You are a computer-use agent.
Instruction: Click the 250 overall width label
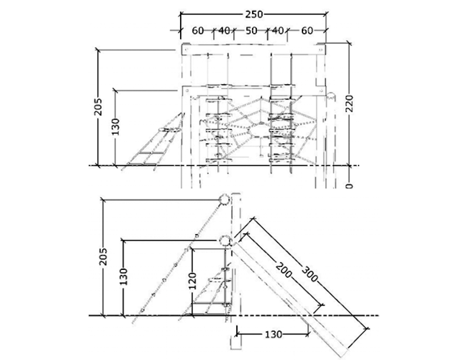click(x=254, y=14)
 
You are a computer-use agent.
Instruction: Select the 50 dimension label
click(x=251, y=30)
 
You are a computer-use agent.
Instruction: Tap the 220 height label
click(x=349, y=104)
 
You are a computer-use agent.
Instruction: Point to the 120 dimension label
click(x=193, y=281)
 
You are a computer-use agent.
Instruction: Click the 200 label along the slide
click(x=283, y=270)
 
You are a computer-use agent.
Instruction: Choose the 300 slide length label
click(x=310, y=274)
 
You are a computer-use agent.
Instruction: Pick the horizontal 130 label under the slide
click(x=273, y=334)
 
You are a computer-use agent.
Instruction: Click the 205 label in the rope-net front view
click(x=98, y=107)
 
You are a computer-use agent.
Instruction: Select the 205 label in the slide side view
click(x=104, y=256)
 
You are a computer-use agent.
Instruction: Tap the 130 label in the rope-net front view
click(x=115, y=126)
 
